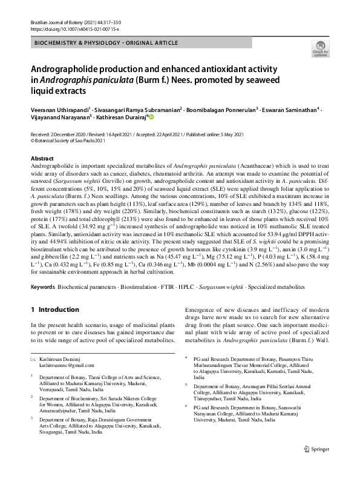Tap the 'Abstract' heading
tap(42, 158)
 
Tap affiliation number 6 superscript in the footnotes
tap(185, 407)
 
